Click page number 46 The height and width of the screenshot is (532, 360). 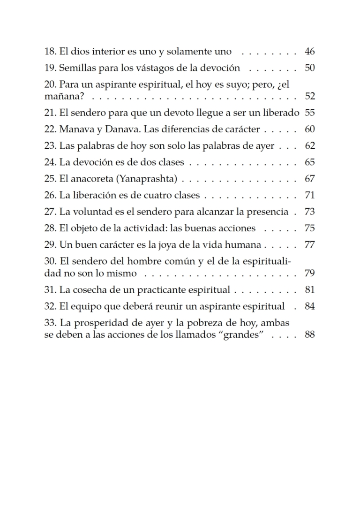[x=309, y=52]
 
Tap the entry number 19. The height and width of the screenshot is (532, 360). [x=50, y=68]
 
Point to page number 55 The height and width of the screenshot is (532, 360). [x=309, y=113]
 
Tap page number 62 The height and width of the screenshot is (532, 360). [x=309, y=145]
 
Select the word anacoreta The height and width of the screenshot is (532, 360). [x=88, y=179]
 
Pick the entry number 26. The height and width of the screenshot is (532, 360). [x=50, y=195]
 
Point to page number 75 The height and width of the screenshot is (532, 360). [x=309, y=228]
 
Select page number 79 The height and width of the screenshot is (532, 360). [x=309, y=273]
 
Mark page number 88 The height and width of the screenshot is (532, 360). [x=309, y=334]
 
